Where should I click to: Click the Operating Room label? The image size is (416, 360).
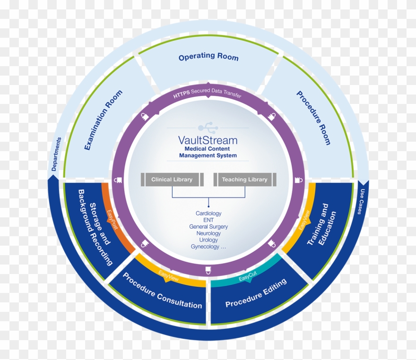[x=208, y=57]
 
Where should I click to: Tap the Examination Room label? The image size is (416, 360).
[x=103, y=120]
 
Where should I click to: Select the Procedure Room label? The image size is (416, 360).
[x=313, y=117]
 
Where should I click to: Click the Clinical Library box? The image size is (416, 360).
[x=172, y=180]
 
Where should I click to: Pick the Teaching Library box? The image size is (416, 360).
[x=244, y=180]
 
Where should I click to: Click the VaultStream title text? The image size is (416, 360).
[x=208, y=140]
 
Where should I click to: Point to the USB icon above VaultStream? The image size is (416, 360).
[x=208, y=127]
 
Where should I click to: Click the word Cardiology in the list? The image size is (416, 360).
[x=208, y=214]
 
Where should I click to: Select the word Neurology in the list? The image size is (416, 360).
[x=208, y=233]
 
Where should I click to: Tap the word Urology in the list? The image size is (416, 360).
[x=208, y=240]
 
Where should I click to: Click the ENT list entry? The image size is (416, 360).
[x=208, y=220]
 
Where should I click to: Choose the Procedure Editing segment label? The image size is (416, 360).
[x=256, y=293]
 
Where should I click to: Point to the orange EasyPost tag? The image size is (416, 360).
[x=112, y=220]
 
